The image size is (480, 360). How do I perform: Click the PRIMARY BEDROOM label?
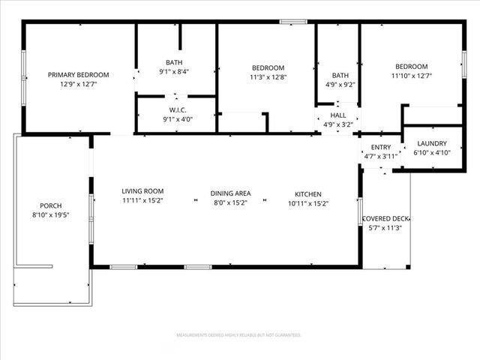click(x=79, y=74)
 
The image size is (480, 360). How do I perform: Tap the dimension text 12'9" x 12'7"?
click(x=79, y=84)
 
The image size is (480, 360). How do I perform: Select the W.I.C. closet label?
click(x=177, y=109)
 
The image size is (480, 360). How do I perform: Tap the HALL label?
click(x=338, y=115)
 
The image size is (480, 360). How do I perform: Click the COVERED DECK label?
click(x=385, y=219)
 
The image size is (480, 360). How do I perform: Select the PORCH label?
click(x=51, y=205)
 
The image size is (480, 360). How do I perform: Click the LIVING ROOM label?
click(x=142, y=191)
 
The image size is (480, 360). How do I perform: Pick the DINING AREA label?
click(x=230, y=193)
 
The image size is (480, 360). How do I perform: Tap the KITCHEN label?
click(x=309, y=193)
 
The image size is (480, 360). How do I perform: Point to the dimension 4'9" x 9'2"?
click(x=340, y=85)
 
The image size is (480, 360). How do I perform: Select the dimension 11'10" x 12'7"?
click(x=411, y=75)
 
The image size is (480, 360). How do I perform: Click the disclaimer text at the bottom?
click(x=239, y=334)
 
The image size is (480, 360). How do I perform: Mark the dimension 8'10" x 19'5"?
click(x=51, y=215)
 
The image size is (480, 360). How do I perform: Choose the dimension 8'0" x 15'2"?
click(x=230, y=203)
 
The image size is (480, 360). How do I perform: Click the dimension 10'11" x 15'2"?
click(x=309, y=203)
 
